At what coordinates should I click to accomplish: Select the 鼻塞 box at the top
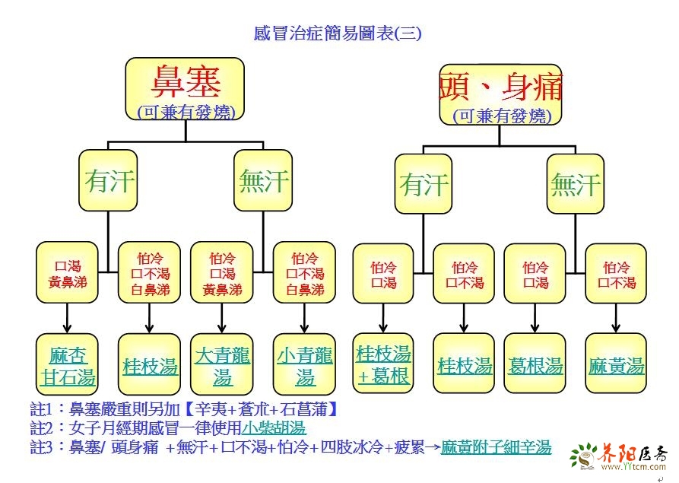(x=186, y=88)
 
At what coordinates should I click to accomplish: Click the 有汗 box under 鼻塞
(x=109, y=181)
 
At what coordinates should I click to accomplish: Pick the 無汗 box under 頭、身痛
(x=576, y=184)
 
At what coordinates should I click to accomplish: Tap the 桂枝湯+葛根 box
(x=384, y=364)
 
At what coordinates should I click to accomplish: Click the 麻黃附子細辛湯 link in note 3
(x=497, y=446)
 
